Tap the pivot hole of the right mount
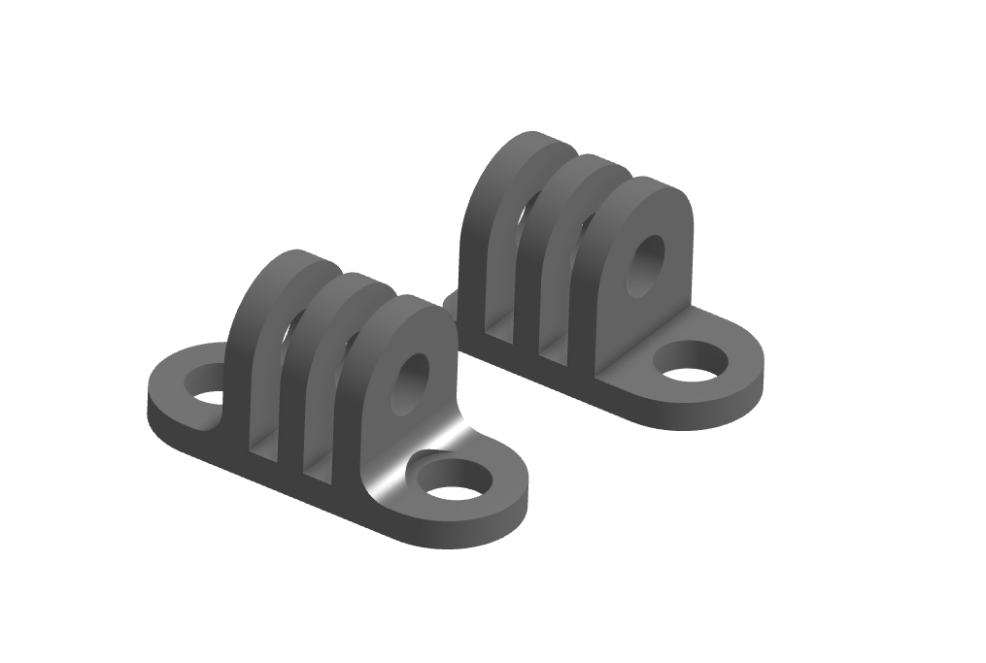click(644, 262)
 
